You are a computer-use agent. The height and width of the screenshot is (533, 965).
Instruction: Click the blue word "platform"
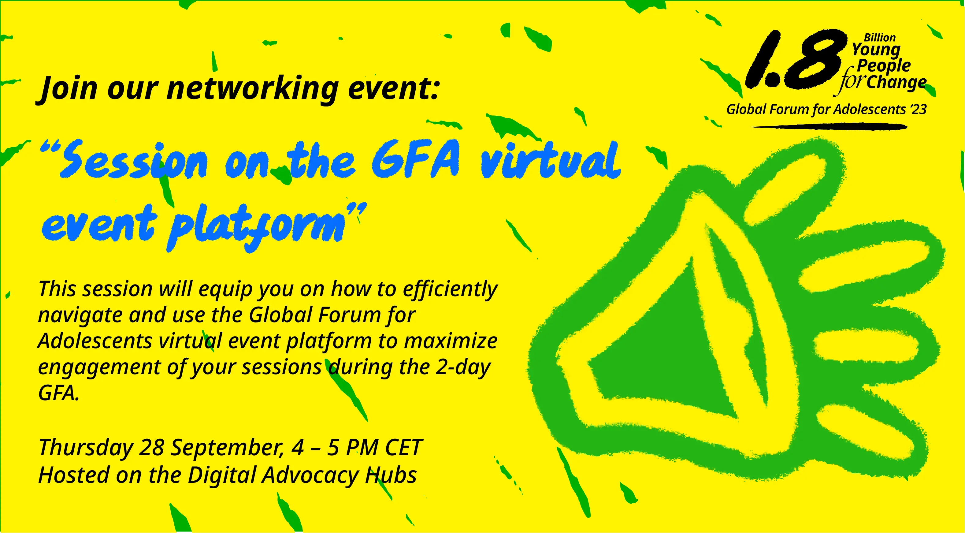click(x=257, y=227)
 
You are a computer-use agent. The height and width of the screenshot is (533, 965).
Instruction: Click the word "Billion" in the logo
click(x=880, y=38)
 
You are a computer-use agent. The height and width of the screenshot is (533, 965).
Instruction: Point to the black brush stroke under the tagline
click(x=829, y=127)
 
